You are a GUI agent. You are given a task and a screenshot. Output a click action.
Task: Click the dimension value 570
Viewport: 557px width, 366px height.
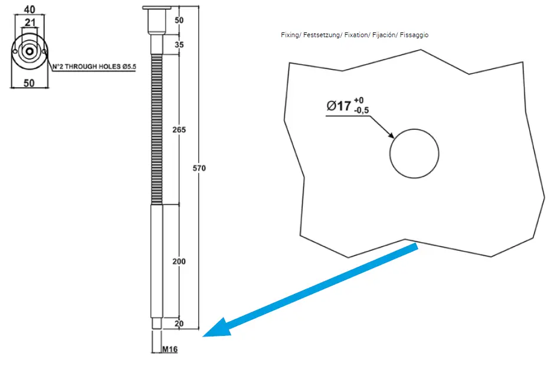coord(199,169)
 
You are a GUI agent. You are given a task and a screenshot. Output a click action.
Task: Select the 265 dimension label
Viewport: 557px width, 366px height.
coord(180,130)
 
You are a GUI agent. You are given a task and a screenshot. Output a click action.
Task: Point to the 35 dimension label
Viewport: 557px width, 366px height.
coord(180,45)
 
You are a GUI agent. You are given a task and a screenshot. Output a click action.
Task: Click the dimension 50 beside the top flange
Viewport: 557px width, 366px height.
coord(180,20)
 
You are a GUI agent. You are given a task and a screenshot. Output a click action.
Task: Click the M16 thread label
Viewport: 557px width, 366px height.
coord(171,349)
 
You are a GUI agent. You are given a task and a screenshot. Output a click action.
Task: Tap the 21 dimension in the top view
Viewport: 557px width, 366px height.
coord(29,22)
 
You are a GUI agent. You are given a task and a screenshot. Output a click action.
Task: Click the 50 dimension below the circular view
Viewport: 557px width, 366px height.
coord(29,83)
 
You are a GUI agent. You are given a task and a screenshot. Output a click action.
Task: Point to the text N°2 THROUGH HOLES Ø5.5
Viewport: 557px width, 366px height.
coord(94,67)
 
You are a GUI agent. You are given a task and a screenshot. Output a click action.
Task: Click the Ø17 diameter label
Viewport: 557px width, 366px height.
coord(339,106)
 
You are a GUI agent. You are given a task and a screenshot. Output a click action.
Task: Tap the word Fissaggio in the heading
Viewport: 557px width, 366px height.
coord(414,35)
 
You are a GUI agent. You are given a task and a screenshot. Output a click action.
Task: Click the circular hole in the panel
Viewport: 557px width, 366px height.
coord(414,153)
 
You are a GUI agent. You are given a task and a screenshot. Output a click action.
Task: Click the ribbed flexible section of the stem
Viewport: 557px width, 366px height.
coord(157,130)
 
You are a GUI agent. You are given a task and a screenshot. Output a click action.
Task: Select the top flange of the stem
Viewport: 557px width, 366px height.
coord(157,8)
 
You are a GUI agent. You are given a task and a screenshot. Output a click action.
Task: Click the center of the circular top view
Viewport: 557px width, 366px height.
coord(29,52)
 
